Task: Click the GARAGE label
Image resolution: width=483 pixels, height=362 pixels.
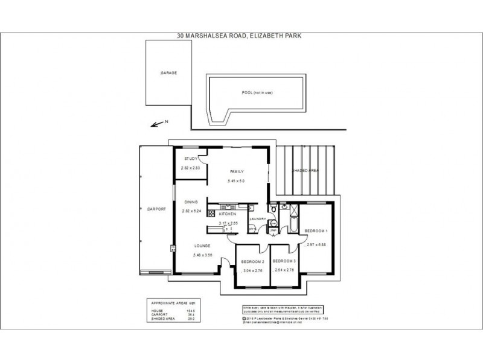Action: [x=168, y=72]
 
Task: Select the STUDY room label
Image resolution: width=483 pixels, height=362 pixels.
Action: [x=191, y=159]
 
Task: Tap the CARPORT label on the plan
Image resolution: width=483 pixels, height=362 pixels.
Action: [x=156, y=209]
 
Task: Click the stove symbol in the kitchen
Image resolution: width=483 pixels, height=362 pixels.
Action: [x=212, y=214]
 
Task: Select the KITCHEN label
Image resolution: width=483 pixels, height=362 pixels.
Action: [x=228, y=214]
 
